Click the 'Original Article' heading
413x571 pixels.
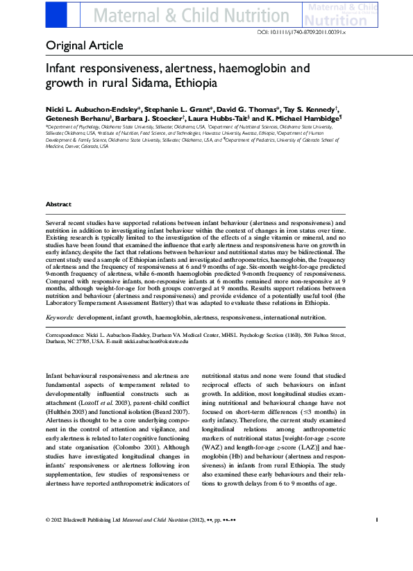pos(84,46)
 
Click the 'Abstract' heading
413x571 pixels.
pos(58,204)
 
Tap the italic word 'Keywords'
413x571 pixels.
pos(60,317)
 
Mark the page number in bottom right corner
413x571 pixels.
pos(376,538)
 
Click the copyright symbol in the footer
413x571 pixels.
pos(47,538)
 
